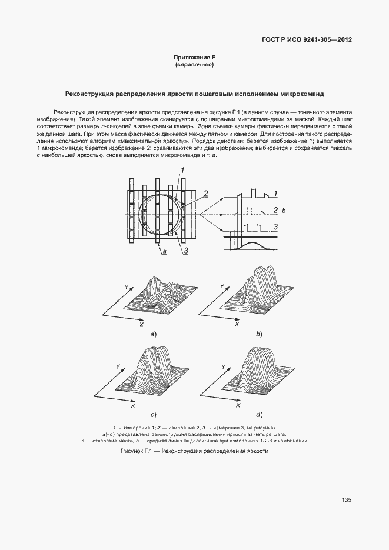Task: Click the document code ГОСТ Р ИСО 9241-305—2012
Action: pyautogui.click(x=307, y=41)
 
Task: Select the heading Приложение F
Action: pyautogui.click(x=194, y=58)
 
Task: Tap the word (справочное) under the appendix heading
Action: pyautogui.click(x=194, y=65)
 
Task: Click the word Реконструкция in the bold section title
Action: pyautogui.click(x=90, y=94)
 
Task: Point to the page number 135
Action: pyautogui.click(x=346, y=500)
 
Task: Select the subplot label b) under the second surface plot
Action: pyautogui.click(x=258, y=334)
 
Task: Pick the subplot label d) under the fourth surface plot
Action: pyautogui.click(x=258, y=415)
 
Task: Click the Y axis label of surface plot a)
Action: pyautogui.click(x=126, y=286)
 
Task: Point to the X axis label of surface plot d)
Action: pyautogui.click(x=237, y=406)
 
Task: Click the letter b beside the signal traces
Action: pyautogui.click(x=284, y=211)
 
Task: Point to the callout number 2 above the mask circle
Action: pyautogui.click(x=205, y=192)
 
